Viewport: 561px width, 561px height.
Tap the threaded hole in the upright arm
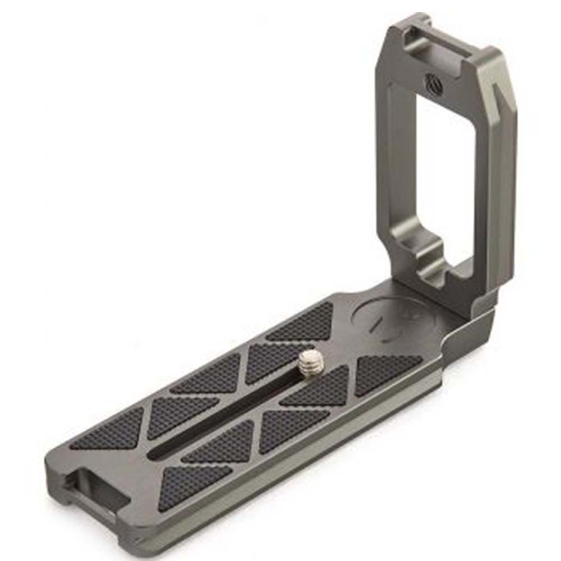coord(432,82)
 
